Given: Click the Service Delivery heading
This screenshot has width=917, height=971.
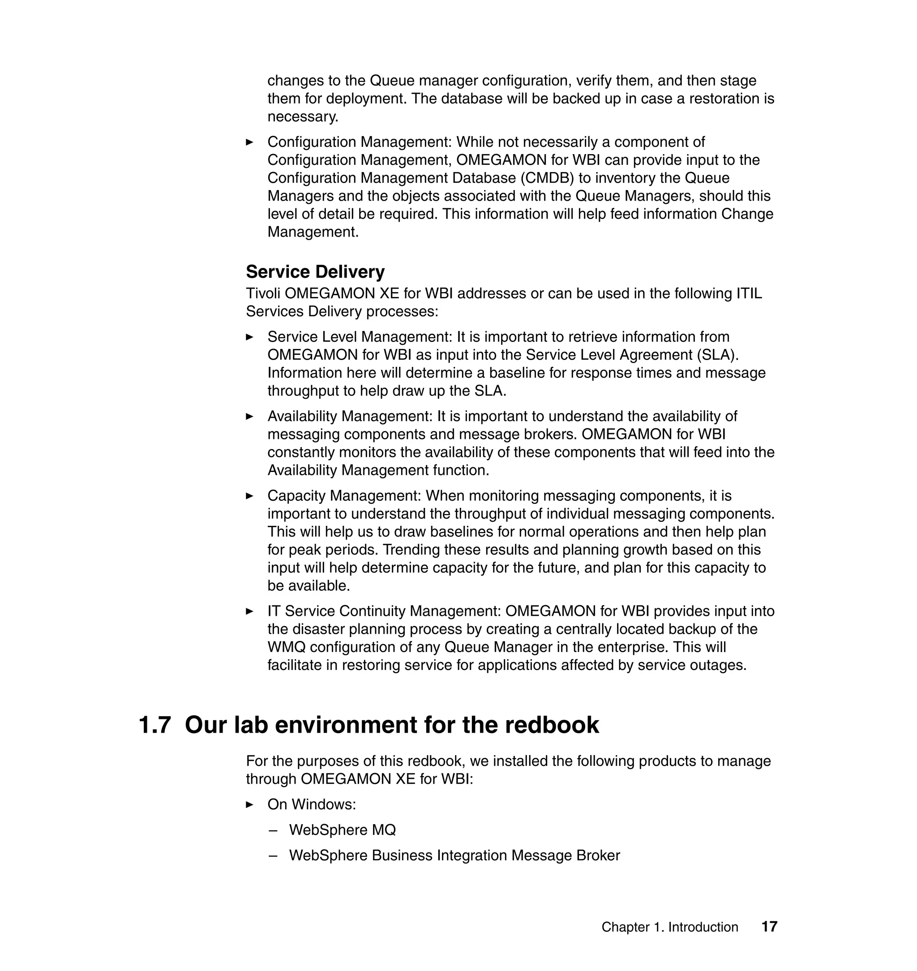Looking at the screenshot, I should pos(315,272).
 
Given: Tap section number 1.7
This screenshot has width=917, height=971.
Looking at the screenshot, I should pos(155,725).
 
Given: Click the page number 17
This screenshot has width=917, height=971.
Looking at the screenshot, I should pos(769,927).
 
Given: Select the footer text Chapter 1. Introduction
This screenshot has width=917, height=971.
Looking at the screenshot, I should pos(669,927).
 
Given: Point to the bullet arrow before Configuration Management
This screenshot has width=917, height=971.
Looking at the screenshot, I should pos(250,142).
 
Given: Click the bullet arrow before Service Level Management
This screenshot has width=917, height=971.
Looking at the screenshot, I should pos(250,337).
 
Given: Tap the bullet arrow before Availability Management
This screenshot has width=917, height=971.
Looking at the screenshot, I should pos(250,417).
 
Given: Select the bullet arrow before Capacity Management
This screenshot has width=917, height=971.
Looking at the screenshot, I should pos(250,496).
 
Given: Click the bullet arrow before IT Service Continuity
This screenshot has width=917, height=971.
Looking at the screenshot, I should pos(250,611).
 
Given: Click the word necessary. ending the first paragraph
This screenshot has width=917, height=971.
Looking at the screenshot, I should pos(303,117).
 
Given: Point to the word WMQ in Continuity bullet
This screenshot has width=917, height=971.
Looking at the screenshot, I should pos(287,647).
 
